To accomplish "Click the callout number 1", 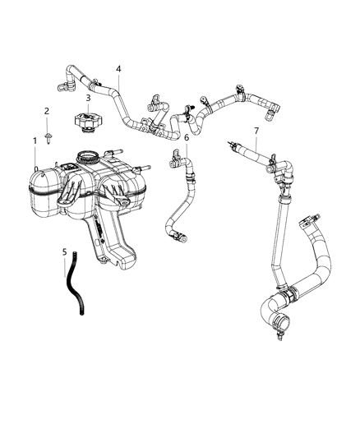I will [x=35, y=141].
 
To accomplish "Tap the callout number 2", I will [x=47, y=111].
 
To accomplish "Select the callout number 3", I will [x=88, y=98].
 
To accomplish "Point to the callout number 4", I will [x=119, y=69].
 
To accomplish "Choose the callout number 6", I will [x=187, y=138].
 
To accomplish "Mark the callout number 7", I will [x=256, y=131].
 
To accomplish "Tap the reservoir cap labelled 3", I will [x=87, y=122].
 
